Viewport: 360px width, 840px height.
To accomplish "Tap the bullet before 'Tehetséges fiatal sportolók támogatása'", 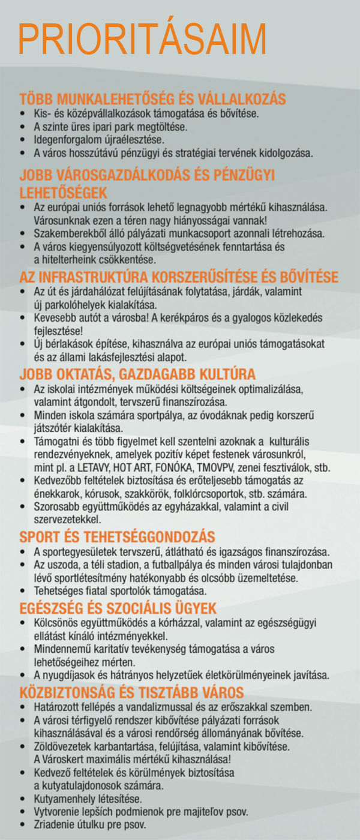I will pos(23,591).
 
